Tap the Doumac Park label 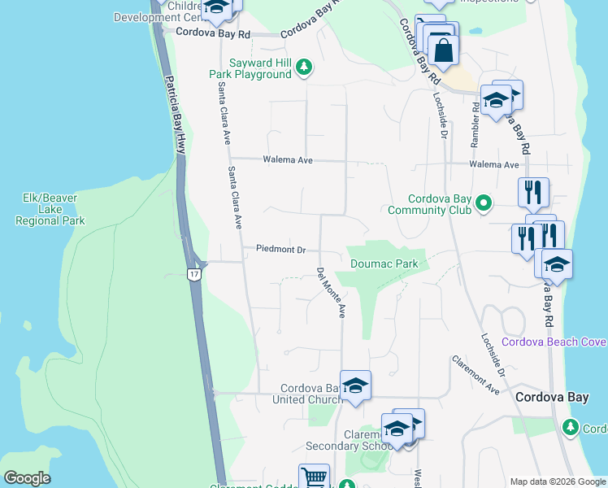pos(384,264)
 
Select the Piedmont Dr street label pos(280,250)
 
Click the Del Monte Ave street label pos(332,292)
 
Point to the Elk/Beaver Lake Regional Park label pos(50,209)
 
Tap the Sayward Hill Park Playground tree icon pos(304,67)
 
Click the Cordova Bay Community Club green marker pos(484,203)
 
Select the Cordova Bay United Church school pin pos(355,386)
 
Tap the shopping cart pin pos(314,478)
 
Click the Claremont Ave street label pos(476,375)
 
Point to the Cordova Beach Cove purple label pos(554,342)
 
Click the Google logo pos(27,478)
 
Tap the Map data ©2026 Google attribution pos(557,481)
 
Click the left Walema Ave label pos(288,160)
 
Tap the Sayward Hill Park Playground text pos(250,68)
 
